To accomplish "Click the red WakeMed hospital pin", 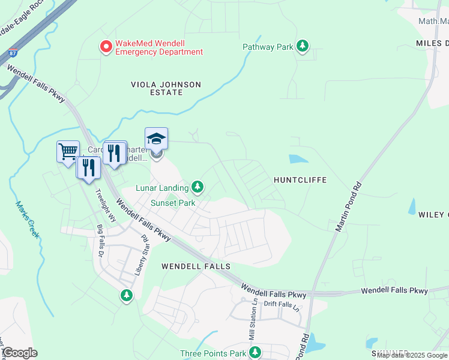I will [x=106, y=46].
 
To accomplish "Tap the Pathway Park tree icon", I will [x=303, y=46].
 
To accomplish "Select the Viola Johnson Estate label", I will [x=166, y=88].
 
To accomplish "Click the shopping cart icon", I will [x=68, y=151].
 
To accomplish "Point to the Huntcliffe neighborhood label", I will [x=300, y=179].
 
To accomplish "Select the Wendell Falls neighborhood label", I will [x=196, y=265].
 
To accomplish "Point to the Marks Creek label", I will [x=27, y=219].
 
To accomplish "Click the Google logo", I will [x=20, y=353].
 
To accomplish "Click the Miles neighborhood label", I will [x=432, y=43].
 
